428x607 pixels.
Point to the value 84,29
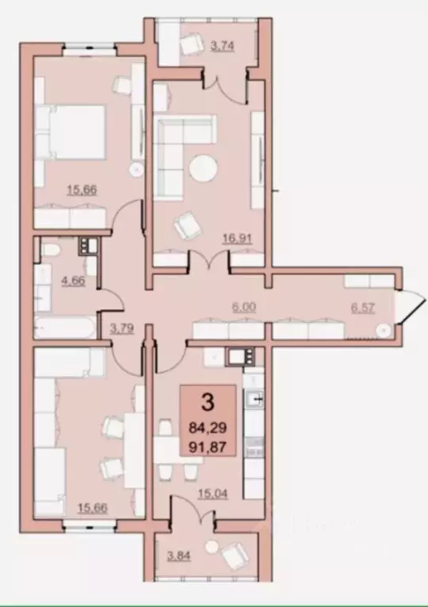(208, 427)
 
